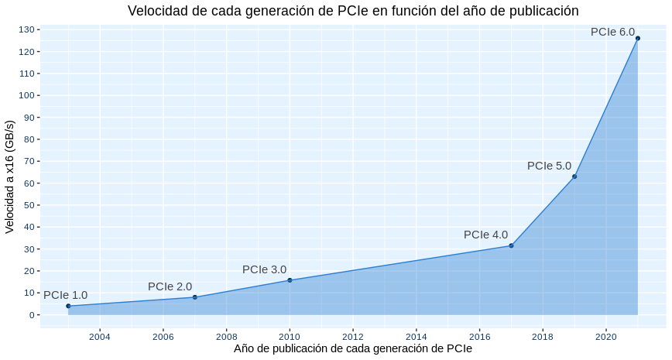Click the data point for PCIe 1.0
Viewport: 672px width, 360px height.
click(68, 306)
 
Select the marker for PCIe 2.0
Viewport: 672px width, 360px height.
click(194, 297)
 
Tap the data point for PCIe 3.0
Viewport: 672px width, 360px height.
click(290, 280)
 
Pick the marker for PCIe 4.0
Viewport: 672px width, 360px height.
click(511, 245)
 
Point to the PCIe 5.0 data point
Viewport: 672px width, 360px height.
click(574, 177)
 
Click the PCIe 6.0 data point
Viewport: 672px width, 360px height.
click(638, 38)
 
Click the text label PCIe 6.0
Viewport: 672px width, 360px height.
click(612, 32)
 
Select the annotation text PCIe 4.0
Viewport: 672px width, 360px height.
click(485, 235)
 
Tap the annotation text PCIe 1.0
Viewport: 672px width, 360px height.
click(65, 295)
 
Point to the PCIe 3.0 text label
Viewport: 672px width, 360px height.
click(264, 269)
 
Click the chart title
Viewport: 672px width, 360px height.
click(353, 11)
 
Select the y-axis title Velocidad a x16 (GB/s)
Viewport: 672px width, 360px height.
click(10, 177)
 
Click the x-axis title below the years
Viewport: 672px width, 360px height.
click(353, 349)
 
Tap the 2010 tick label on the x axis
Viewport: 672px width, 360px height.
click(290, 336)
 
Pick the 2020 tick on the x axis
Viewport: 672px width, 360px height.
click(606, 336)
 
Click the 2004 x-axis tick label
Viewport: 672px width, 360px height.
click(100, 336)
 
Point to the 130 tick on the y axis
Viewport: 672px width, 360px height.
click(26, 29)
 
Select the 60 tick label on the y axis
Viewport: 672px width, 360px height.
click(29, 183)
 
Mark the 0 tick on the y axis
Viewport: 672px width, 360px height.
click(32, 315)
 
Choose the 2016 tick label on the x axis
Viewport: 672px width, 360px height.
click(479, 336)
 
